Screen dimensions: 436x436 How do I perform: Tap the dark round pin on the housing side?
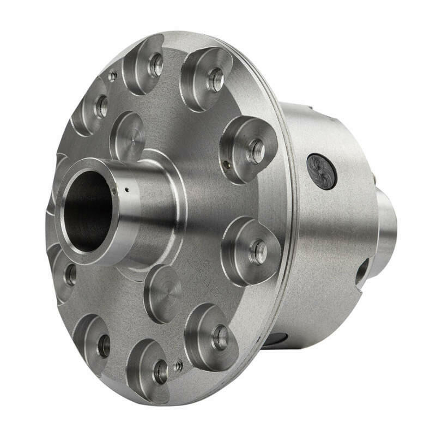321,171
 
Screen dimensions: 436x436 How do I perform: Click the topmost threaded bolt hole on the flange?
156,65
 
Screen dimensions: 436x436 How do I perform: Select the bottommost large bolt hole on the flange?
160,372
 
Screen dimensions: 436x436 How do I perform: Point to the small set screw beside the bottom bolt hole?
178,367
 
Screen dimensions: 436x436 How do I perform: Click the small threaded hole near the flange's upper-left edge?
112,76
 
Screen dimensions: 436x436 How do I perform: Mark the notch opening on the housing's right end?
362,271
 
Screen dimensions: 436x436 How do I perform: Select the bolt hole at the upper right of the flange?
215,80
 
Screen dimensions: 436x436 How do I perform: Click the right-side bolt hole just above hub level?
256,151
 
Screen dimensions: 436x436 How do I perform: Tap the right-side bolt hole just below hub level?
258,252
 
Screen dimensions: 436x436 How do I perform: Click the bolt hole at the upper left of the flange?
101,107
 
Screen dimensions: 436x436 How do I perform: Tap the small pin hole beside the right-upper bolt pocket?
228,162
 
